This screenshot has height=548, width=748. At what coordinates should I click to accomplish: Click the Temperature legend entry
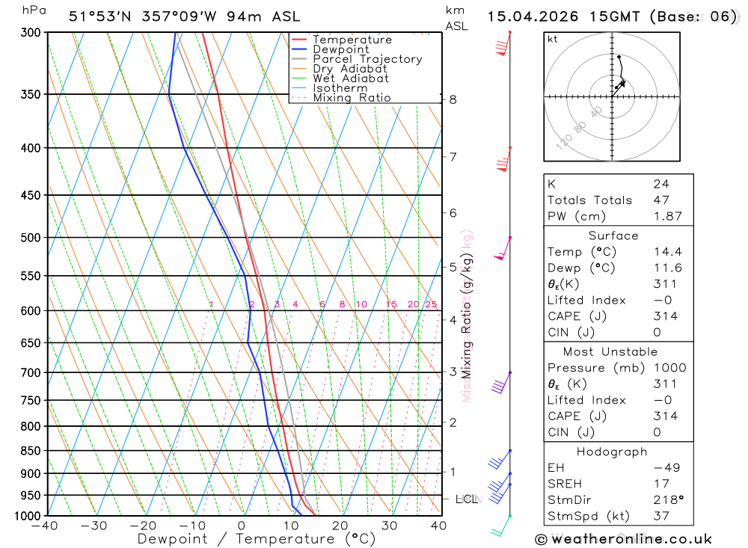[x=352, y=40]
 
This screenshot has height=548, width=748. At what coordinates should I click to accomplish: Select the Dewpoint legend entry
[x=340, y=49]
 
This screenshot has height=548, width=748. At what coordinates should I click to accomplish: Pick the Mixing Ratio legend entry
[x=352, y=97]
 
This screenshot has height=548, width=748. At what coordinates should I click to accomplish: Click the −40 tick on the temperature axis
[x=45, y=526]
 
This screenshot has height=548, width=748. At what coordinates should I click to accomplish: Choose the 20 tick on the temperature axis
[x=340, y=526]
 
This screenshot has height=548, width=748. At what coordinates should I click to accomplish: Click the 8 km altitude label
[x=453, y=99]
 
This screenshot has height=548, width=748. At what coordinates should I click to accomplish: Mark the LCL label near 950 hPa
[x=466, y=499]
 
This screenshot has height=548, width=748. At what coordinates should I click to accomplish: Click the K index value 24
[x=660, y=184]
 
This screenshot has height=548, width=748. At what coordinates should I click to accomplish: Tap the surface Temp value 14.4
[x=667, y=252]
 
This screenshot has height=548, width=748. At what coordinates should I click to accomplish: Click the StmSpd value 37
[x=660, y=516]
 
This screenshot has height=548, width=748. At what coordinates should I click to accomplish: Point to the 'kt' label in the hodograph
[x=553, y=40]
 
